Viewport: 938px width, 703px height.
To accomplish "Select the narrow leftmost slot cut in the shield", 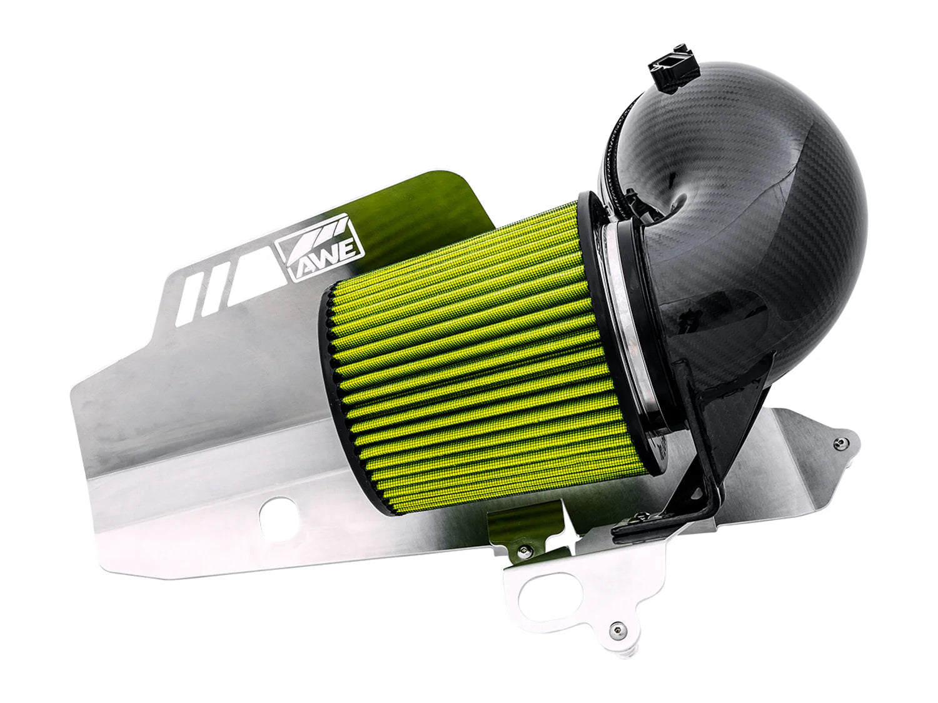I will click(x=188, y=299).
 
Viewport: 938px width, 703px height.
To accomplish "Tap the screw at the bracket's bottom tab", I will click(x=618, y=629).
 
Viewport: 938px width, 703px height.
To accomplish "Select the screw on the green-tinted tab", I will click(x=524, y=549).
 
